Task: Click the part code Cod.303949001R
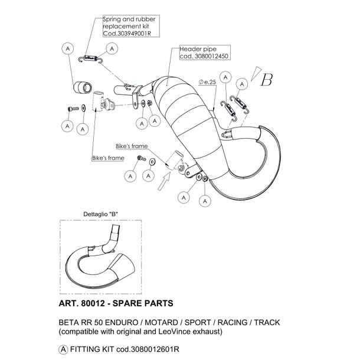click(x=127, y=33)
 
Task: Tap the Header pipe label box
click(x=205, y=53)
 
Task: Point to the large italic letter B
click(x=267, y=80)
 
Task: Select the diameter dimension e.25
click(x=207, y=82)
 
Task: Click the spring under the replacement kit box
click(x=90, y=59)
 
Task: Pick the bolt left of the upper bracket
click(x=73, y=109)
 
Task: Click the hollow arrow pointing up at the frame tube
click(x=164, y=181)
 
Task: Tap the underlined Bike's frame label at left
click(x=108, y=158)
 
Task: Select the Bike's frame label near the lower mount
click(x=132, y=146)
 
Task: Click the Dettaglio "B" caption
click(x=100, y=214)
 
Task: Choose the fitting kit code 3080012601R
click(x=155, y=349)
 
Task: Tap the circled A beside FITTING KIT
click(x=63, y=349)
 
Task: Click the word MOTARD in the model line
click(x=161, y=322)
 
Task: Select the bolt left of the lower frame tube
click(x=142, y=158)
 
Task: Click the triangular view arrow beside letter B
click(x=256, y=73)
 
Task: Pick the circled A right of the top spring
click(x=112, y=48)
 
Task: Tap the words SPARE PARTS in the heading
click(x=143, y=303)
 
